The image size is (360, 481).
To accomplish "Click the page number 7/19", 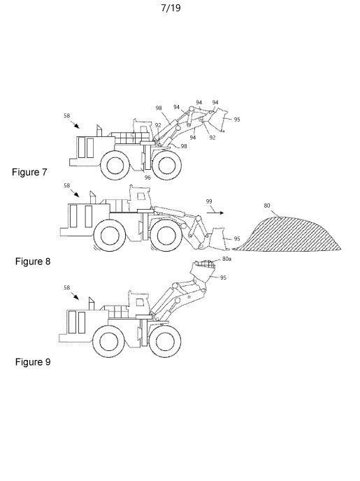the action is [171, 8].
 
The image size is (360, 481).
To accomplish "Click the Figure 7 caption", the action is [29, 172].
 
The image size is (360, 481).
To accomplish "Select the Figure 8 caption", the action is [33, 261].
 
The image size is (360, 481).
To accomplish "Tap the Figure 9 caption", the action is [33, 362].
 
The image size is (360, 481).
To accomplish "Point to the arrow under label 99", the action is [215, 213].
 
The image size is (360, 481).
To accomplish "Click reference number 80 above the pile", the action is [267, 206].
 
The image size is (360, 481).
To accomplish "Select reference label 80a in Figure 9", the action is [226, 259].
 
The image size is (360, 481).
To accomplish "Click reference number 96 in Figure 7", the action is [147, 178].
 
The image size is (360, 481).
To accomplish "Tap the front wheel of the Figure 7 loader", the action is [166, 165].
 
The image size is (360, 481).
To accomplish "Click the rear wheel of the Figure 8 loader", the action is [110, 236].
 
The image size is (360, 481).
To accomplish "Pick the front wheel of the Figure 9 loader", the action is [165, 341].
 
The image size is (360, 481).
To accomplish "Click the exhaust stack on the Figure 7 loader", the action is [99, 131].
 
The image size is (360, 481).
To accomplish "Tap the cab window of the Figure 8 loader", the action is [141, 196].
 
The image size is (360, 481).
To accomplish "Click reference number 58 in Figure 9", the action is [67, 288].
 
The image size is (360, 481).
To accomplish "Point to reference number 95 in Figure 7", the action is [237, 120].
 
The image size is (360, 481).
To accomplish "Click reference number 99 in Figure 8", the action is [209, 201].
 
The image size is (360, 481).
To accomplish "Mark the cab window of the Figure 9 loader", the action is [140, 302].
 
